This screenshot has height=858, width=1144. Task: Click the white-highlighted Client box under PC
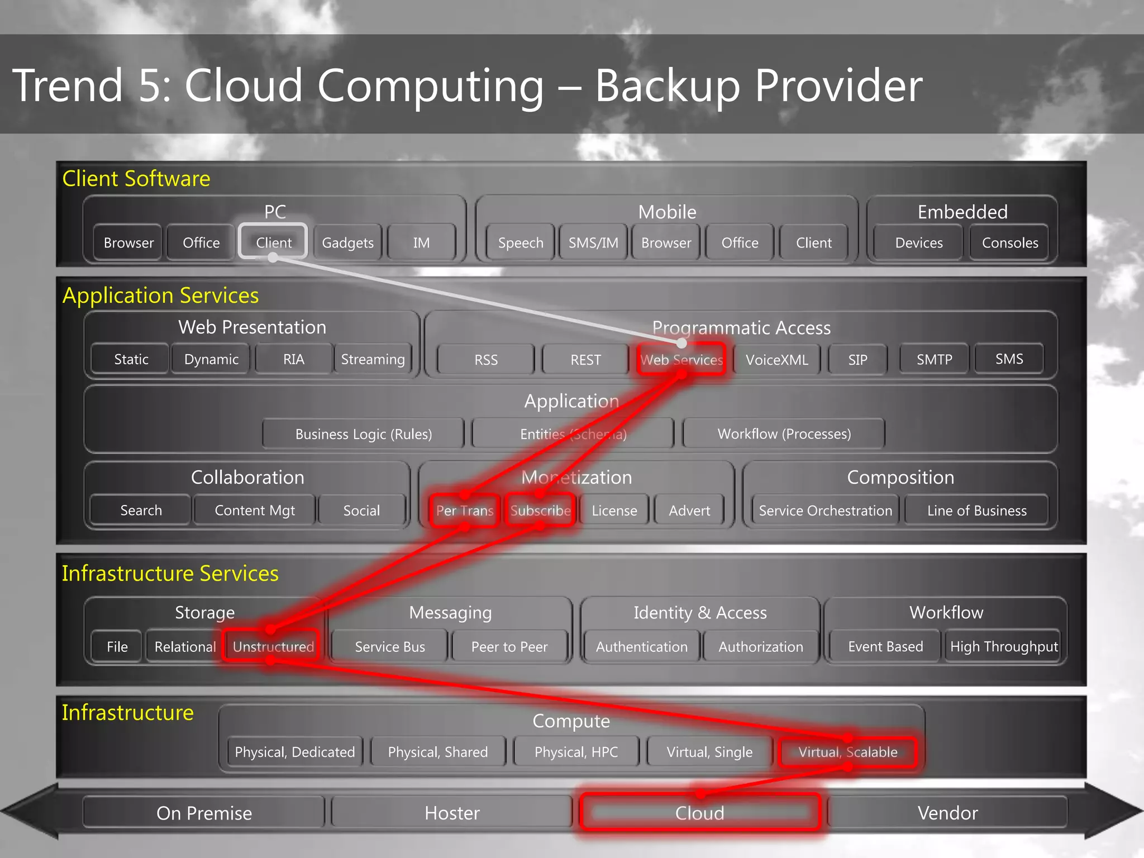point(273,242)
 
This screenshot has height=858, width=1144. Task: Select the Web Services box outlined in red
point(681,360)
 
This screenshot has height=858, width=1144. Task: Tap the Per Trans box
point(464,511)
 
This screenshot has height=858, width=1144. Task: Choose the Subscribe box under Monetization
point(540,511)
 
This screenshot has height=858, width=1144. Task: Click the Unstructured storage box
point(273,646)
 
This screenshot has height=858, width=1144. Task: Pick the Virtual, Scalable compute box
point(847,752)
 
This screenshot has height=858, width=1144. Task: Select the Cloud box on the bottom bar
point(699,813)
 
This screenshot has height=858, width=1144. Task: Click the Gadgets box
point(347,243)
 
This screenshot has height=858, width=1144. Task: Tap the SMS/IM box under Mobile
point(593,243)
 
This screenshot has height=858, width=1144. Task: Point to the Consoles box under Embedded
point(1010,243)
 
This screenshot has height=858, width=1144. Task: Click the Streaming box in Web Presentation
point(373,359)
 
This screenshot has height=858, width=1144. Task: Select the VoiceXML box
point(776,360)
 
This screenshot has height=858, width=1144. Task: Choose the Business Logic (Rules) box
point(364,434)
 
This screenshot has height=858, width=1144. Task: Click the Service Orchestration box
point(825,511)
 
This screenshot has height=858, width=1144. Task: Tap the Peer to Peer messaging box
point(509,647)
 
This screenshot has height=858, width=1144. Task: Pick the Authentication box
point(641,647)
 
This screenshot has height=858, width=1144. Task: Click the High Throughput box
point(1004,647)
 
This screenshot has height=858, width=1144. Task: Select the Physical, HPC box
point(576,752)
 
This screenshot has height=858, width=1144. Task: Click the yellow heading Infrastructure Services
point(170,574)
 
